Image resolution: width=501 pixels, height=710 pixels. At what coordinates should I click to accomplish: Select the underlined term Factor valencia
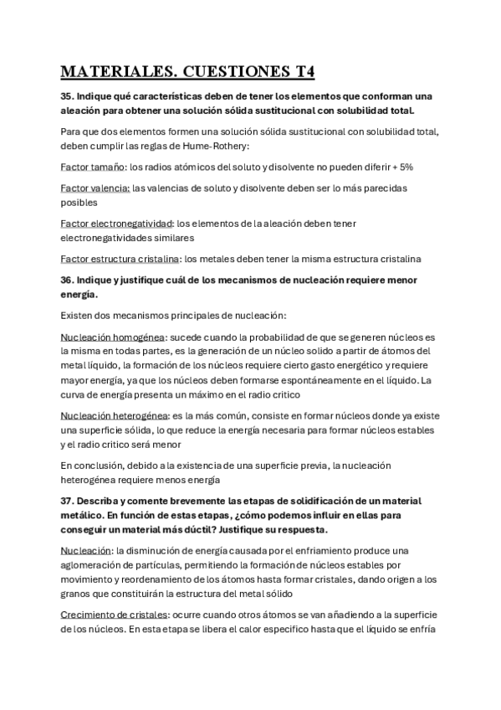coord(95,188)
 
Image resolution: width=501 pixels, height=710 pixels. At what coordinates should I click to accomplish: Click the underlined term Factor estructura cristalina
coord(121,258)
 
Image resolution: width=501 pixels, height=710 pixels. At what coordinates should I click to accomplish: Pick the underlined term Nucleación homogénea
coord(113,337)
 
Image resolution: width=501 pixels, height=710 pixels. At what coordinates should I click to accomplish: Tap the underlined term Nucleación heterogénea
coord(115,415)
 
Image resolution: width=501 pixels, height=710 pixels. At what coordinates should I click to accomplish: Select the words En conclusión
coord(90,465)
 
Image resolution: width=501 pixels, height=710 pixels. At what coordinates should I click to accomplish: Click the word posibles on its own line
coord(79,203)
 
